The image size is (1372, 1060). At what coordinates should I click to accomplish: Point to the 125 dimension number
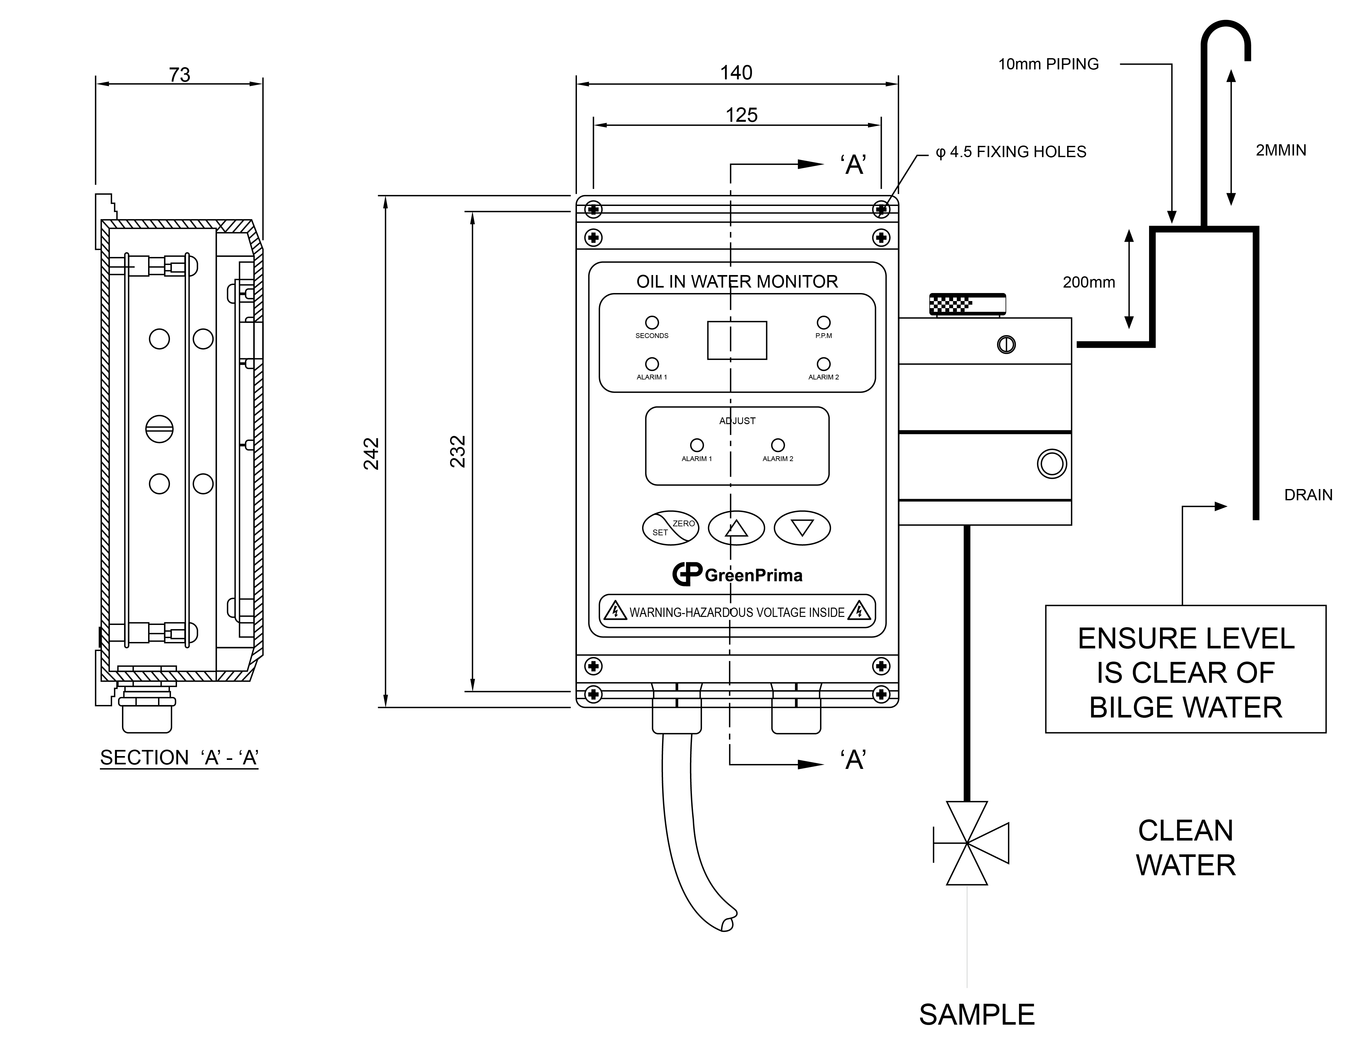pyautogui.click(x=741, y=115)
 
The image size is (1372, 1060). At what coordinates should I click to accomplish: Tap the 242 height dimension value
pyautogui.click(x=371, y=454)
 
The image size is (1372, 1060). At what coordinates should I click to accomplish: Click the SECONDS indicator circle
pyautogui.click(x=652, y=322)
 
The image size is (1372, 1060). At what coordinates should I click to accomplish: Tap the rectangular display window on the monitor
pyautogui.click(x=737, y=341)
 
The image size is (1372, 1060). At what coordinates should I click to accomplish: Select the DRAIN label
pyautogui.click(x=1308, y=495)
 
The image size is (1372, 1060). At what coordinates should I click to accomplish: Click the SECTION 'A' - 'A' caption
pyautogui.click(x=179, y=758)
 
